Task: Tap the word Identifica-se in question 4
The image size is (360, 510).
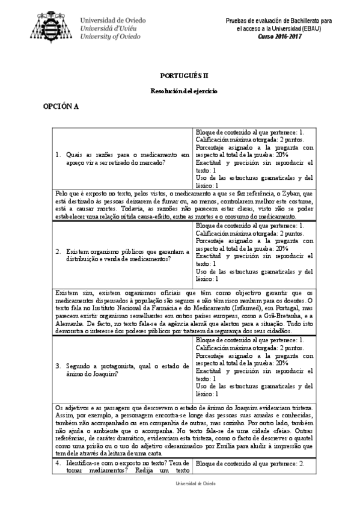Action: [82, 464]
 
